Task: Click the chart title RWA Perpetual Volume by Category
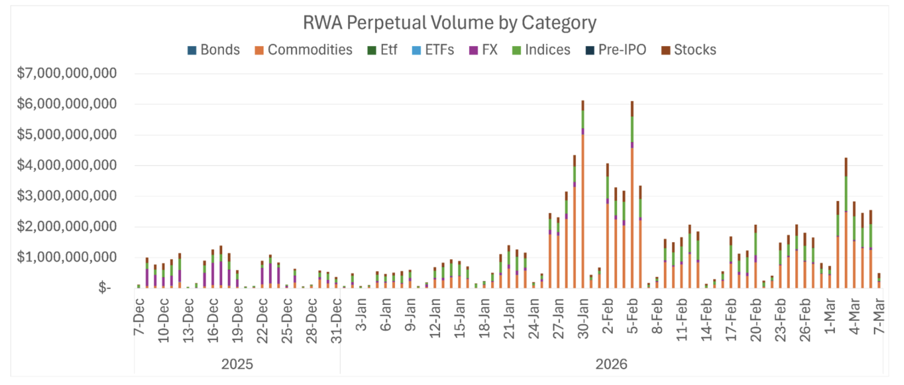click(449, 23)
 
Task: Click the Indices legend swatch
click(516, 50)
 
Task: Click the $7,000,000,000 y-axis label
click(67, 73)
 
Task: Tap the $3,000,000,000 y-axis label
click(67, 196)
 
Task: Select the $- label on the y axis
click(104, 287)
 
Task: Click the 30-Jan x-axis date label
click(583, 319)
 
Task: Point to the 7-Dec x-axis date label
click(139, 316)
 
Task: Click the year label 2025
click(237, 364)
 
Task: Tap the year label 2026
click(611, 364)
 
